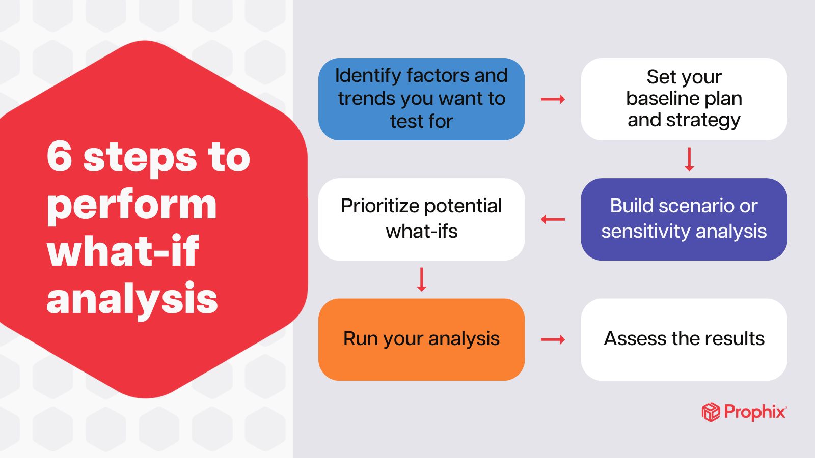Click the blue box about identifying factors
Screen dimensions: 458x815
click(421, 99)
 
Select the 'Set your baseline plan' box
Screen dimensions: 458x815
click(684, 99)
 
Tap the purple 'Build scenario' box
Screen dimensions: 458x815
click(684, 219)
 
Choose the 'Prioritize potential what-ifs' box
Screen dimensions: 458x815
click(421, 219)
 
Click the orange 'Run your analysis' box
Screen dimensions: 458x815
click(421, 339)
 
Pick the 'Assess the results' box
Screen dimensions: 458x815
click(684, 339)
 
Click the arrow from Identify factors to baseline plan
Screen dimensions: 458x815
click(553, 99)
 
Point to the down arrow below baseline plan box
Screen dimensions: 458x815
click(689, 159)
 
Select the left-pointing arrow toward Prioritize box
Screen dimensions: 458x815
click(553, 220)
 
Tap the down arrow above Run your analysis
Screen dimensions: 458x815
click(421, 279)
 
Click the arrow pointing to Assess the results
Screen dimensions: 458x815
click(553, 339)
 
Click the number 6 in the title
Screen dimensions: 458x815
click(59, 156)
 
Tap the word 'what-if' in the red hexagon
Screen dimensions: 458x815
click(122, 251)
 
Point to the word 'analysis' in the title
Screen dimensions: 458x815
click(131, 299)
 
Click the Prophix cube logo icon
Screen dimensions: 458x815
click(711, 412)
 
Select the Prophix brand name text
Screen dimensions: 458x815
click(755, 412)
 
